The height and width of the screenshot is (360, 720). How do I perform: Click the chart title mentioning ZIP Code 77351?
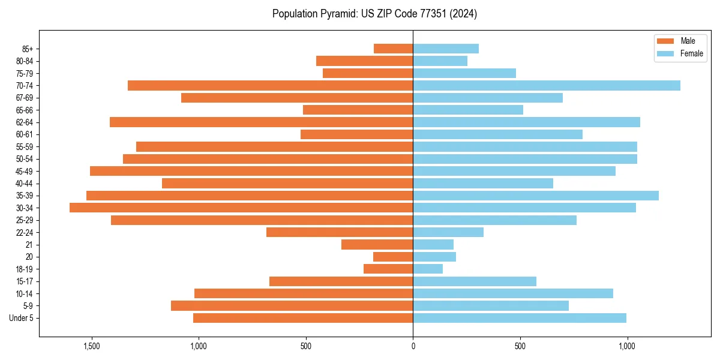[x=374, y=14]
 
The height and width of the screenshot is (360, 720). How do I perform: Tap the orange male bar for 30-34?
[x=241, y=208]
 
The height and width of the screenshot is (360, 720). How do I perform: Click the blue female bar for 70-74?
[x=547, y=85]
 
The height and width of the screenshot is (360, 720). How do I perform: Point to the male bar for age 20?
[x=393, y=257]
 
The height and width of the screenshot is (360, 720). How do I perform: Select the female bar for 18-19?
[x=428, y=269]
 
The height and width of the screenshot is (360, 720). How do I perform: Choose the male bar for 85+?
[x=394, y=49]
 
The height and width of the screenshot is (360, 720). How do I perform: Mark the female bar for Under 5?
[x=520, y=318]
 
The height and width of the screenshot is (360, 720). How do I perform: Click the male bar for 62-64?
[x=261, y=122]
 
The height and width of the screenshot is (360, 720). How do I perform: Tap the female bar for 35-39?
[x=536, y=196]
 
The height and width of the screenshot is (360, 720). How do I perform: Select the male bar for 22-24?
[x=340, y=232]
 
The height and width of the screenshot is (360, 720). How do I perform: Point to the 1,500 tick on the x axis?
[x=92, y=346]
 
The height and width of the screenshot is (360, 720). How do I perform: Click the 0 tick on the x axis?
[x=413, y=346]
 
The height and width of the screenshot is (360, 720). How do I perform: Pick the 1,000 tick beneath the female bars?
[x=627, y=346]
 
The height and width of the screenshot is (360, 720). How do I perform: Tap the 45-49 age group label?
[x=24, y=171]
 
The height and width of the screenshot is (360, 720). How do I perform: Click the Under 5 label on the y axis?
[x=22, y=318]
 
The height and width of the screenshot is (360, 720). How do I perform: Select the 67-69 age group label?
[x=24, y=98]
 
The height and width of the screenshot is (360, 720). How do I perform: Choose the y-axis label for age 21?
[x=29, y=245]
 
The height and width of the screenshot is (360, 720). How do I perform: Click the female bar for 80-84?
[x=440, y=61]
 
